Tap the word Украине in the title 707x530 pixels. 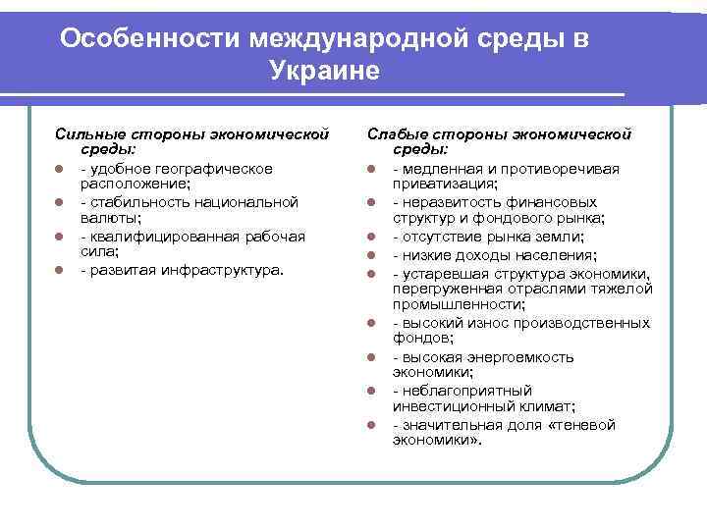point(322,72)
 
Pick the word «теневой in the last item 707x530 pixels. point(585,425)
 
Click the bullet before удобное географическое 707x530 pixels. point(59,169)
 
